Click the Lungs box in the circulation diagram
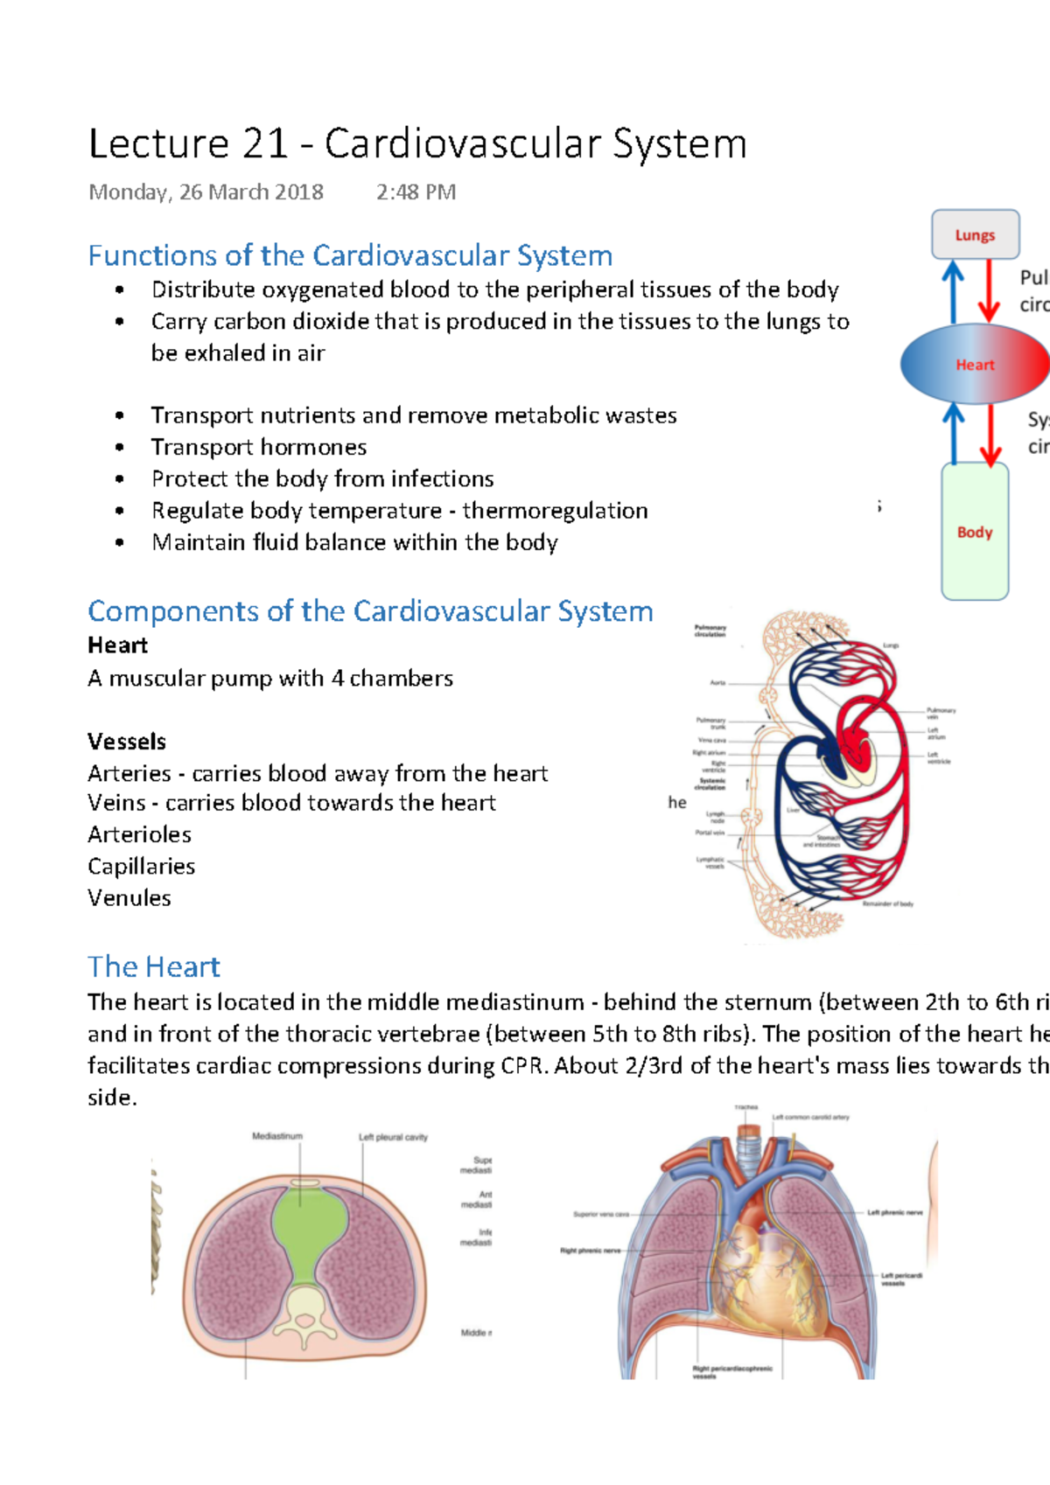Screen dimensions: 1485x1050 pos(975,234)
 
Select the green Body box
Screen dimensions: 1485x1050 pos(975,532)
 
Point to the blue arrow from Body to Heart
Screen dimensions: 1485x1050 pos(954,433)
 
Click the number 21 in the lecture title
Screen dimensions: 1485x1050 pos(265,144)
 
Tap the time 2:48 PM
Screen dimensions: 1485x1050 pos(416,192)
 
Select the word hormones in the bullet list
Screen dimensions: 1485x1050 pos(312,447)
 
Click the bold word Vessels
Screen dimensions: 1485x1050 pos(127,742)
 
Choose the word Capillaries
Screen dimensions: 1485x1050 pos(141,867)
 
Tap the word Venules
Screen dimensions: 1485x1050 pos(129,898)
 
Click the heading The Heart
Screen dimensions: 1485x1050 pos(154,967)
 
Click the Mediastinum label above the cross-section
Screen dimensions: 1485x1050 pos(277,1136)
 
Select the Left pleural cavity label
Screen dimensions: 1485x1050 pos(393,1137)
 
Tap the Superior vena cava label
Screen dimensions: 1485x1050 pos(601,1214)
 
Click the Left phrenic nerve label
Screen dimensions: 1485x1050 pos(895,1212)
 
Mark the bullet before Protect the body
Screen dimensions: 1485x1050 pos(120,479)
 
